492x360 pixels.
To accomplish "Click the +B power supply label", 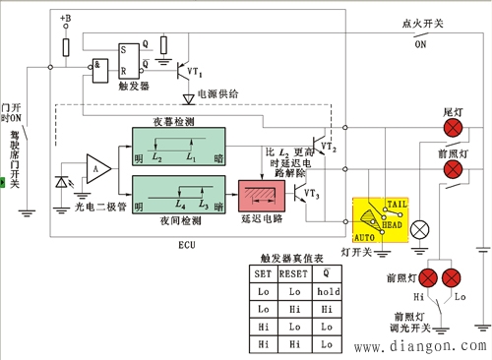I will click(65, 19).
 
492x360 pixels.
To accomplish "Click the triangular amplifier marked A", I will click(97, 168).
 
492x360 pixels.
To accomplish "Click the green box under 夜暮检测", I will click(185, 145).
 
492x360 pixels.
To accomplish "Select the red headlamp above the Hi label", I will click(427, 276).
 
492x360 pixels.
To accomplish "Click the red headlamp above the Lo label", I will click(455, 276).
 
